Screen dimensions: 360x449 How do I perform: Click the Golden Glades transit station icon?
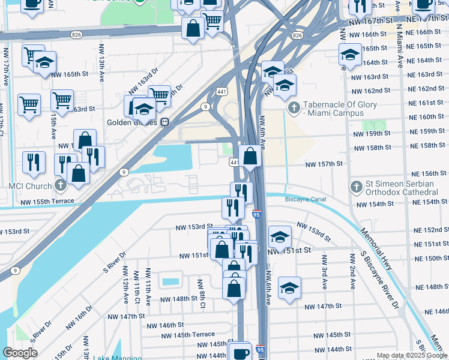click(x=164, y=122)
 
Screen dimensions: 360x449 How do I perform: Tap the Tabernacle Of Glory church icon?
click(x=294, y=108)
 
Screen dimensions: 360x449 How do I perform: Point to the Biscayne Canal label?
click(x=305, y=199)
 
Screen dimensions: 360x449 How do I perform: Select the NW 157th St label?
click(x=324, y=164)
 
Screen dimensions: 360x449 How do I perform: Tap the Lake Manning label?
click(x=117, y=358)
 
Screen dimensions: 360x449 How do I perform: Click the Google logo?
click(x=20, y=353)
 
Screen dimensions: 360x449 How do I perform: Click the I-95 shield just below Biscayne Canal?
click(x=256, y=214)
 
